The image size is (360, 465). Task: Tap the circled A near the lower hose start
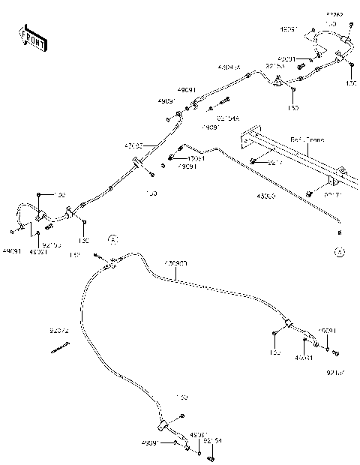coord(112,239)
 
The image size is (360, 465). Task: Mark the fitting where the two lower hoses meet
coord(110,263)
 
